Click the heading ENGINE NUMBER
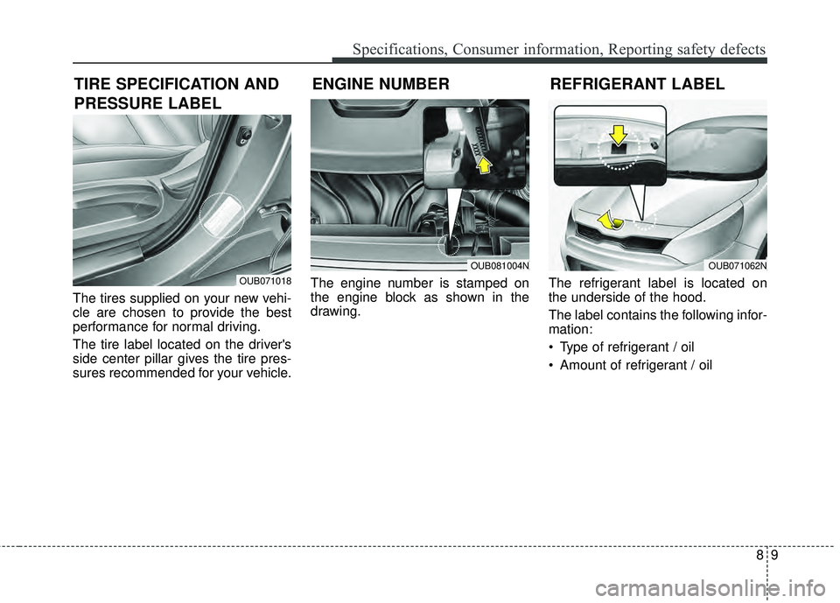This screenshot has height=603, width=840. (x=381, y=84)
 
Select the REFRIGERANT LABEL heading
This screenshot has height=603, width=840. (x=638, y=84)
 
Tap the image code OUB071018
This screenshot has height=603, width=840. (x=265, y=280)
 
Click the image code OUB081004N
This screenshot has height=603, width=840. (x=500, y=265)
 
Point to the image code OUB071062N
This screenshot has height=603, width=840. (x=738, y=265)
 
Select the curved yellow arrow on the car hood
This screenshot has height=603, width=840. (x=610, y=219)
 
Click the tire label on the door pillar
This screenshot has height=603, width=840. (x=222, y=215)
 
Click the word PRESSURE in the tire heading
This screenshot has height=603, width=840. (x=108, y=103)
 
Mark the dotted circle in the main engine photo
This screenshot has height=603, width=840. (x=449, y=244)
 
